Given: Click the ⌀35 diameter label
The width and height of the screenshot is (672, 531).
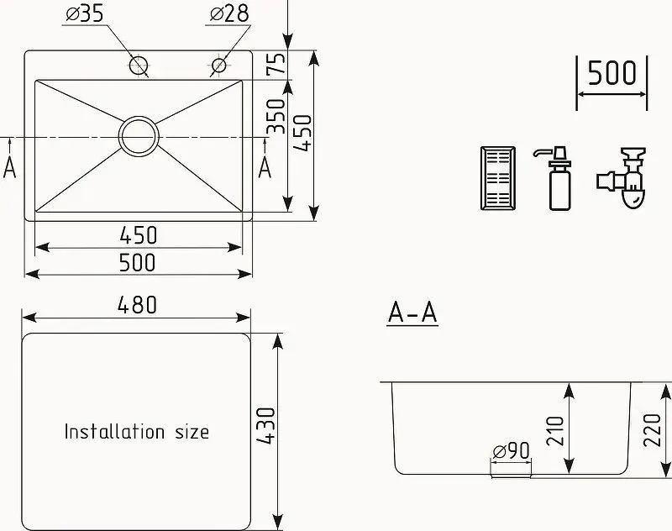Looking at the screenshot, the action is (85, 14).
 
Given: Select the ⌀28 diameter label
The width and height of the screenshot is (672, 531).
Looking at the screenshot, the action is (229, 14).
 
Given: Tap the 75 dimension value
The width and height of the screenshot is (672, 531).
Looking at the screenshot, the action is (276, 63).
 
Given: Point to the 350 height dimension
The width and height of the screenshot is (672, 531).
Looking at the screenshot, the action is (276, 117).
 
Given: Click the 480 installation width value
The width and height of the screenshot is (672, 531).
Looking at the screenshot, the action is (137, 305).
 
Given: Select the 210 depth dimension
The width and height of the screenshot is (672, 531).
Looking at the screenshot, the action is (556, 431).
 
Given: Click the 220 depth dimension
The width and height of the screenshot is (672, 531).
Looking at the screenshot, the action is (653, 430).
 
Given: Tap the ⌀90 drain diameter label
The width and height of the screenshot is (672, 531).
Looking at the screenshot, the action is (512, 451).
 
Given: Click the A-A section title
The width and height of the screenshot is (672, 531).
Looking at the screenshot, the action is (412, 312).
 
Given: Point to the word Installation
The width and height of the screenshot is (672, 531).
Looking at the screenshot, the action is (114, 431).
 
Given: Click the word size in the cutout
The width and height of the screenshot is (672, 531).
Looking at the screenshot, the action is (192, 432).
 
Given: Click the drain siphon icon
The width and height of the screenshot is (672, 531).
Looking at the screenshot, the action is (622, 178).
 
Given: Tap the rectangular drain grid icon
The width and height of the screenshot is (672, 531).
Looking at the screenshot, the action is (498, 178).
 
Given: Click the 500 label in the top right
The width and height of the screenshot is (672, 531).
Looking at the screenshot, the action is (612, 73).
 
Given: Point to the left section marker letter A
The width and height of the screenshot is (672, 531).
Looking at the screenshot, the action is (9, 167).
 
